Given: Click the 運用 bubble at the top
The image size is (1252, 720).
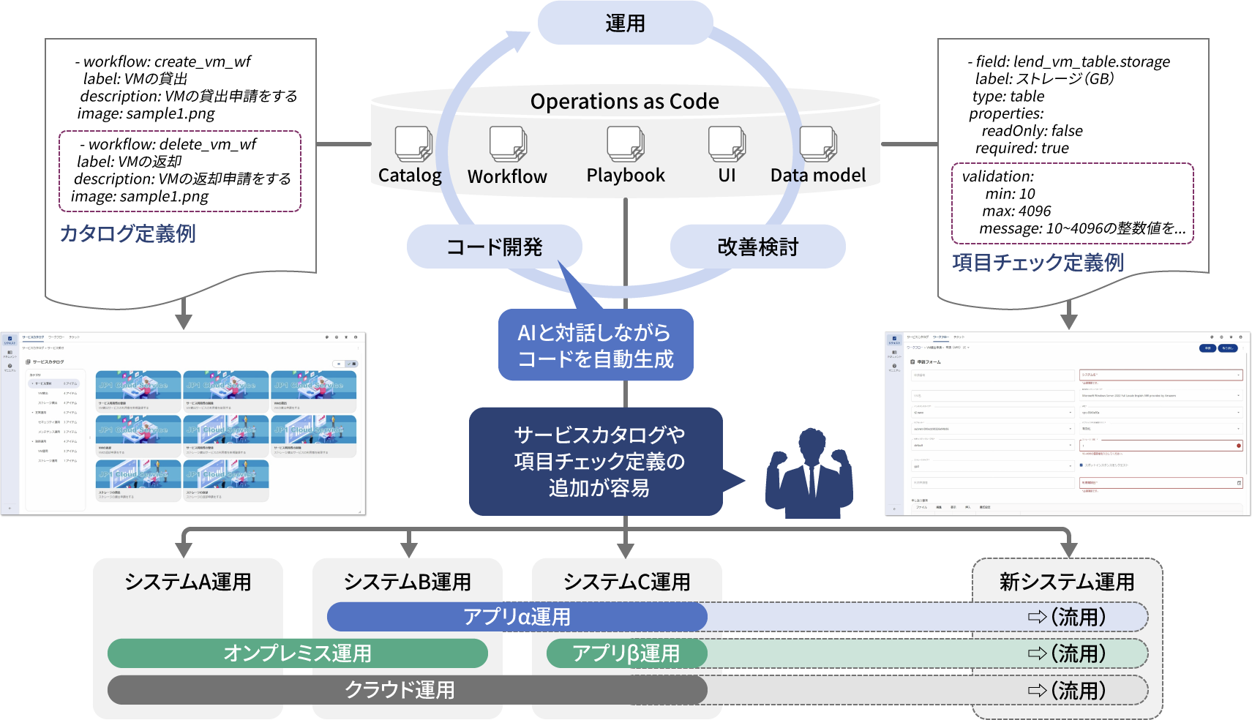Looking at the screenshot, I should [x=625, y=23].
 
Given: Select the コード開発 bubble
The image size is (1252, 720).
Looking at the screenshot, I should [x=495, y=247].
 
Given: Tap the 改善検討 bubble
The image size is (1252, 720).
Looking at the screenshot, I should [x=757, y=247].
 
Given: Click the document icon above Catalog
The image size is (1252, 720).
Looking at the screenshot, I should [x=413, y=144].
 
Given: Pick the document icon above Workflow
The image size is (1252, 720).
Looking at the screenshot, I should [x=508, y=144].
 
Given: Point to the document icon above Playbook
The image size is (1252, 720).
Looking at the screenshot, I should [x=626, y=144].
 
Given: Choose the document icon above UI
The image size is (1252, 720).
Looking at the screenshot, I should [x=727, y=144].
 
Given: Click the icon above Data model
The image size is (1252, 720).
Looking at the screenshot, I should [x=818, y=144].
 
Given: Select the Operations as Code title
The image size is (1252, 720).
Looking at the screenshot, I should [x=625, y=102].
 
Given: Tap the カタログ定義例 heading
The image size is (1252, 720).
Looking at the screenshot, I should [x=127, y=233].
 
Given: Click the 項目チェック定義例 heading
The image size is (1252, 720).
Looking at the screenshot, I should [x=1038, y=263].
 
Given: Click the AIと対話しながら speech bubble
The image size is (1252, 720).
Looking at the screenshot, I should [x=595, y=345].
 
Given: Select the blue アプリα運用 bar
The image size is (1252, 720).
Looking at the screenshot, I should [x=517, y=617].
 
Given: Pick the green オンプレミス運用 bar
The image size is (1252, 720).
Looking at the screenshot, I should [x=297, y=653].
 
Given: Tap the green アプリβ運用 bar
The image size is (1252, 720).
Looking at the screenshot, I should [x=626, y=653].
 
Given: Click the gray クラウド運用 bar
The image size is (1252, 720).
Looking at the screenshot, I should [x=400, y=690].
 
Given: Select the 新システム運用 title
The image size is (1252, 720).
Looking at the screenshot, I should [x=1067, y=582].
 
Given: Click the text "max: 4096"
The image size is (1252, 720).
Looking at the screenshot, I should [x=1016, y=211].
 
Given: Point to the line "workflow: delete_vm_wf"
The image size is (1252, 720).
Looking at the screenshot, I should [x=172, y=144].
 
